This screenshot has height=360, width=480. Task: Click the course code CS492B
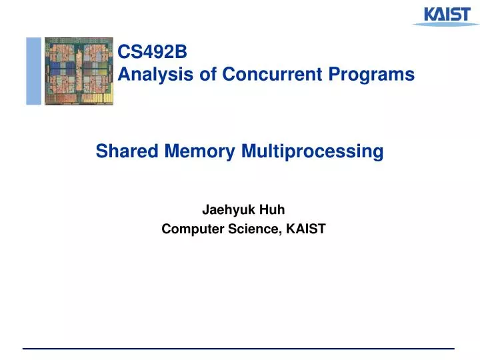click(143, 51)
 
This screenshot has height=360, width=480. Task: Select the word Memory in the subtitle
click(195, 152)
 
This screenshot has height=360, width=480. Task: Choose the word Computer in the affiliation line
click(188, 229)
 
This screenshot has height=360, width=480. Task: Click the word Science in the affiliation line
click(252, 229)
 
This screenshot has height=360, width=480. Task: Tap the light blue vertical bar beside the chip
click(33, 71)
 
